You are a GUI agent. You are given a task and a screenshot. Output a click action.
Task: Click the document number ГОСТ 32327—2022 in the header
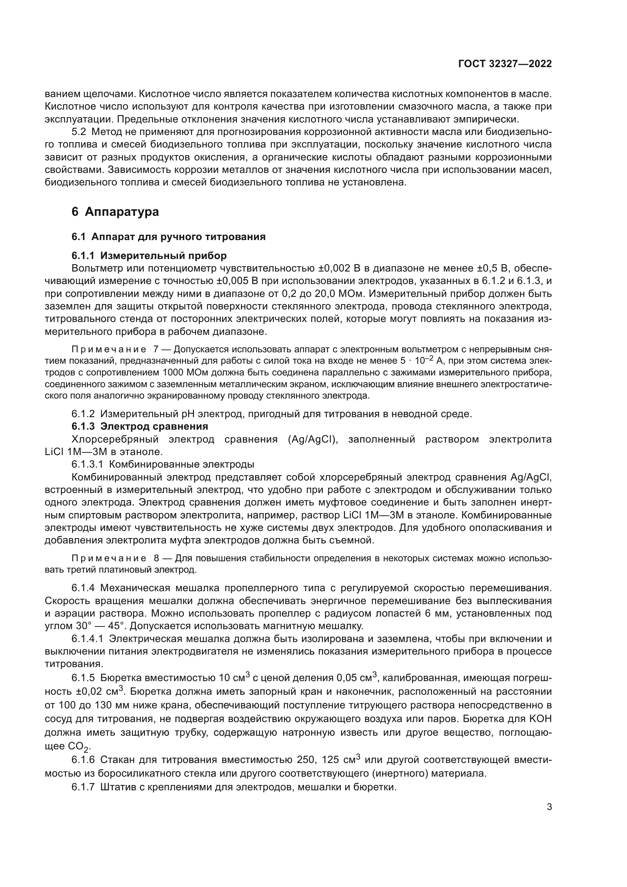click(x=505, y=64)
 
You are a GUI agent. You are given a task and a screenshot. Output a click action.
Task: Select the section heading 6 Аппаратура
click(x=115, y=212)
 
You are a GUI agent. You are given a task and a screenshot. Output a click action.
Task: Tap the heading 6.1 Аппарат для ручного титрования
click(x=168, y=237)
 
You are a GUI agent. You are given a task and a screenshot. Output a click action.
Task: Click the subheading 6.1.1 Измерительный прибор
click(x=149, y=256)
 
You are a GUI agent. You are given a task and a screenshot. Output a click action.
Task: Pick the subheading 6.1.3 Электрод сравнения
click(x=140, y=427)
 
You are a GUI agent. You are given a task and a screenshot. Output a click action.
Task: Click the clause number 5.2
click(x=78, y=132)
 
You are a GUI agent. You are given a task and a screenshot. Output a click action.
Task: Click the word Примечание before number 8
click(x=108, y=559)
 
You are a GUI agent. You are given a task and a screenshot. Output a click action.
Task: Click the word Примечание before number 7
click(x=108, y=350)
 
